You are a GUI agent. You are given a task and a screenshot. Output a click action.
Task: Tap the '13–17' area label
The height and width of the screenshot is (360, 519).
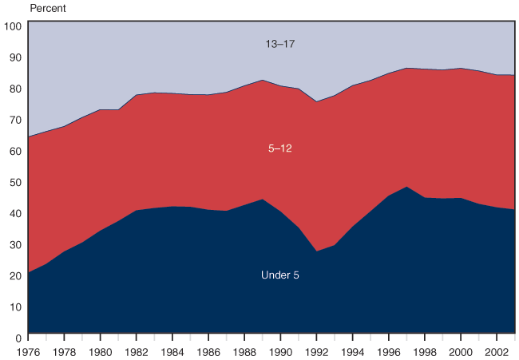[x=279, y=44]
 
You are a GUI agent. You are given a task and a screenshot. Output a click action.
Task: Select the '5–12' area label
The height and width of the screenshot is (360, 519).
[x=279, y=148]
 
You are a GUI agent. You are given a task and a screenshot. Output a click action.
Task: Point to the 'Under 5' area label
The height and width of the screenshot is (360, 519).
[x=279, y=275]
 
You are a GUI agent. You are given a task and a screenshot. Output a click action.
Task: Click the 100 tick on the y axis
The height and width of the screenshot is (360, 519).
[x=13, y=26]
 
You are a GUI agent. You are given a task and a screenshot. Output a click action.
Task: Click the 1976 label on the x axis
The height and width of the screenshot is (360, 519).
[x=28, y=350]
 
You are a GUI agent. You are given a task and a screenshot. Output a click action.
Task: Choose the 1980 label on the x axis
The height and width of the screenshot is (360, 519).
[x=101, y=350]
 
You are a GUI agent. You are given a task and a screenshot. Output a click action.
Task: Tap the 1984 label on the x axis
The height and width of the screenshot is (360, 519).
[x=172, y=350]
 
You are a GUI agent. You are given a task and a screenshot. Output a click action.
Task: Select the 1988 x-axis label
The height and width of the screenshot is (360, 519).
[x=244, y=350]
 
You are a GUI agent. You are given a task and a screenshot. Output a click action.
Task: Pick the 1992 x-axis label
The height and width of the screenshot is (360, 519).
[x=317, y=350]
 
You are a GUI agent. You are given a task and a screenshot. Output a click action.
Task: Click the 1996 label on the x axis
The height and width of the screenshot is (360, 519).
[x=389, y=350]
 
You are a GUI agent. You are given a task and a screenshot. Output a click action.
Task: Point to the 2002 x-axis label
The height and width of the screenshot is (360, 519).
[x=497, y=350]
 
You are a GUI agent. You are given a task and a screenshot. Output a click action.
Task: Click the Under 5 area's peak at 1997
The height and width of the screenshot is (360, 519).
[x=406, y=187]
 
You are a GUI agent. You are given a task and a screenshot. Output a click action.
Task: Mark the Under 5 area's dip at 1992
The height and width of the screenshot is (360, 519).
[x=317, y=251]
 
